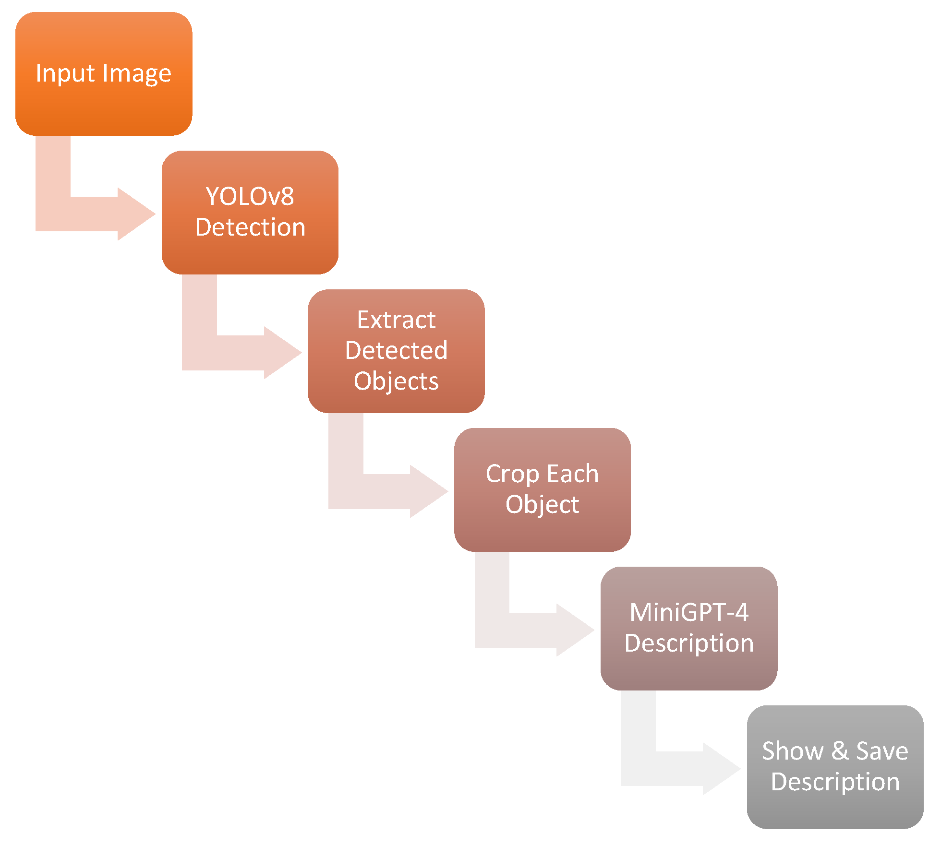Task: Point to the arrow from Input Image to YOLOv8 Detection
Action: pos(96,214)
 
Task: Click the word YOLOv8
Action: pos(250,197)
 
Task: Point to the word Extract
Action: pos(396,320)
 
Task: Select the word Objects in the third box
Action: pos(396,381)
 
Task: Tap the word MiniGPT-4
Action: pos(688,613)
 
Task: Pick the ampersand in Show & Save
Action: pos(840,751)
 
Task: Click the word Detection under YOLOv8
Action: pos(250,227)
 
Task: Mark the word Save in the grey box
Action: pos(882,751)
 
